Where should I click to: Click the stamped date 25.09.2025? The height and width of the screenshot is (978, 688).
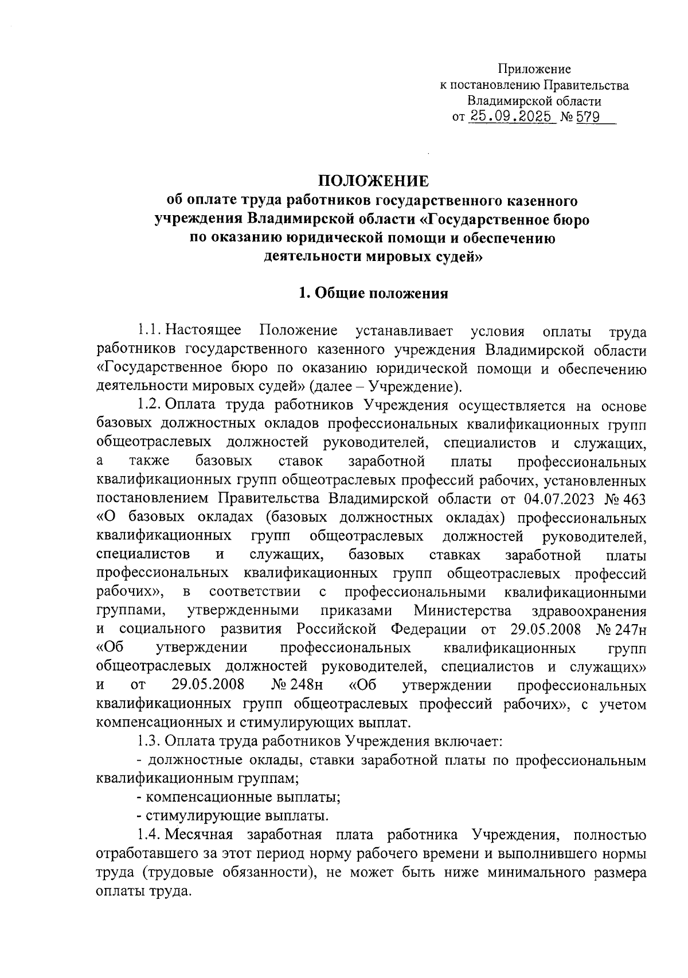(x=512, y=117)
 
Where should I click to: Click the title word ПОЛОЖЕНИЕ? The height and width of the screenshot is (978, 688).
(x=373, y=181)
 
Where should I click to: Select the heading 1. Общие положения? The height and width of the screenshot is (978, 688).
(x=373, y=294)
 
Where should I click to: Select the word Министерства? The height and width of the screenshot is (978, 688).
(x=463, y=611)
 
